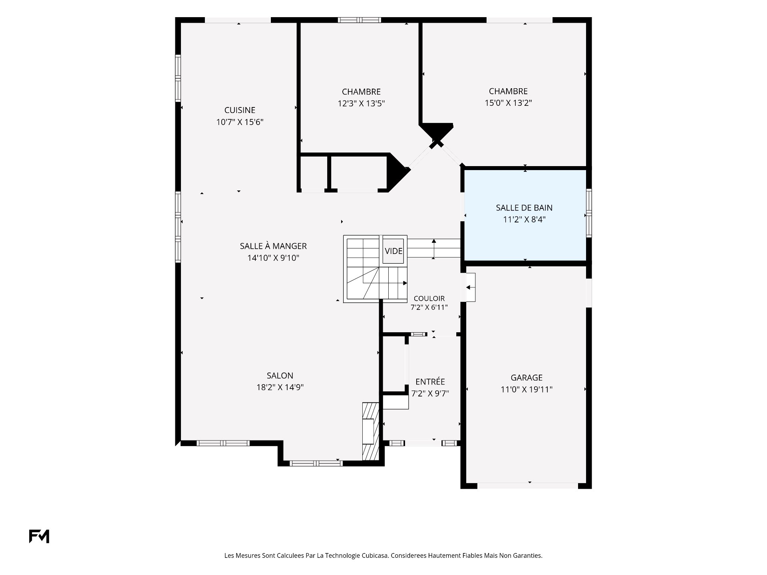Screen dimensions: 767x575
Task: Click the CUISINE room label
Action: coord(240,110)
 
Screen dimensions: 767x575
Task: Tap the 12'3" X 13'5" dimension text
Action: coord(361,104)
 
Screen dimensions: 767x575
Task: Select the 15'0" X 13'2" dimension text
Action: coord(508,103)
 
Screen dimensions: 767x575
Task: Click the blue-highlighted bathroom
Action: coord(525,216)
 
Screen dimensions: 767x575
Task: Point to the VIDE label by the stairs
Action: coord(393,251)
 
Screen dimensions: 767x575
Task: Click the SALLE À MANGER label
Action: coord(273,246)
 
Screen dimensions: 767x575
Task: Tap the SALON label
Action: coord(280,376)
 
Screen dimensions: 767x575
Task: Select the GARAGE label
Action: coord(527,378)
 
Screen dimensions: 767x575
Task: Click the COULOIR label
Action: coord(429,299)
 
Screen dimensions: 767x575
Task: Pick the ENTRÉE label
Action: coord(430,382)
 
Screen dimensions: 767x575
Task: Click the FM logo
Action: coord(39,536)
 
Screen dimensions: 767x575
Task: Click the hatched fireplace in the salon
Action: coord(370,432)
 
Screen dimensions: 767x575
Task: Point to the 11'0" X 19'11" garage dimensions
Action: coord(527,389)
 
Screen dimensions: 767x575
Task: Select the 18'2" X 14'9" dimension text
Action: coord(280,387)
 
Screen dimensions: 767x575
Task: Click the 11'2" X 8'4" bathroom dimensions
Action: coord(524,220)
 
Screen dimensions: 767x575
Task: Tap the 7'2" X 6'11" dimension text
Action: coord(429,307)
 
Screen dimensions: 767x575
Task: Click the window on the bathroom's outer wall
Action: coord(589,213)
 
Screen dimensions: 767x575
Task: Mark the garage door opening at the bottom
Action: coord(527,486)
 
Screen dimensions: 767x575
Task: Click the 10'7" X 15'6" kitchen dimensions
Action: coord(240,122)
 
